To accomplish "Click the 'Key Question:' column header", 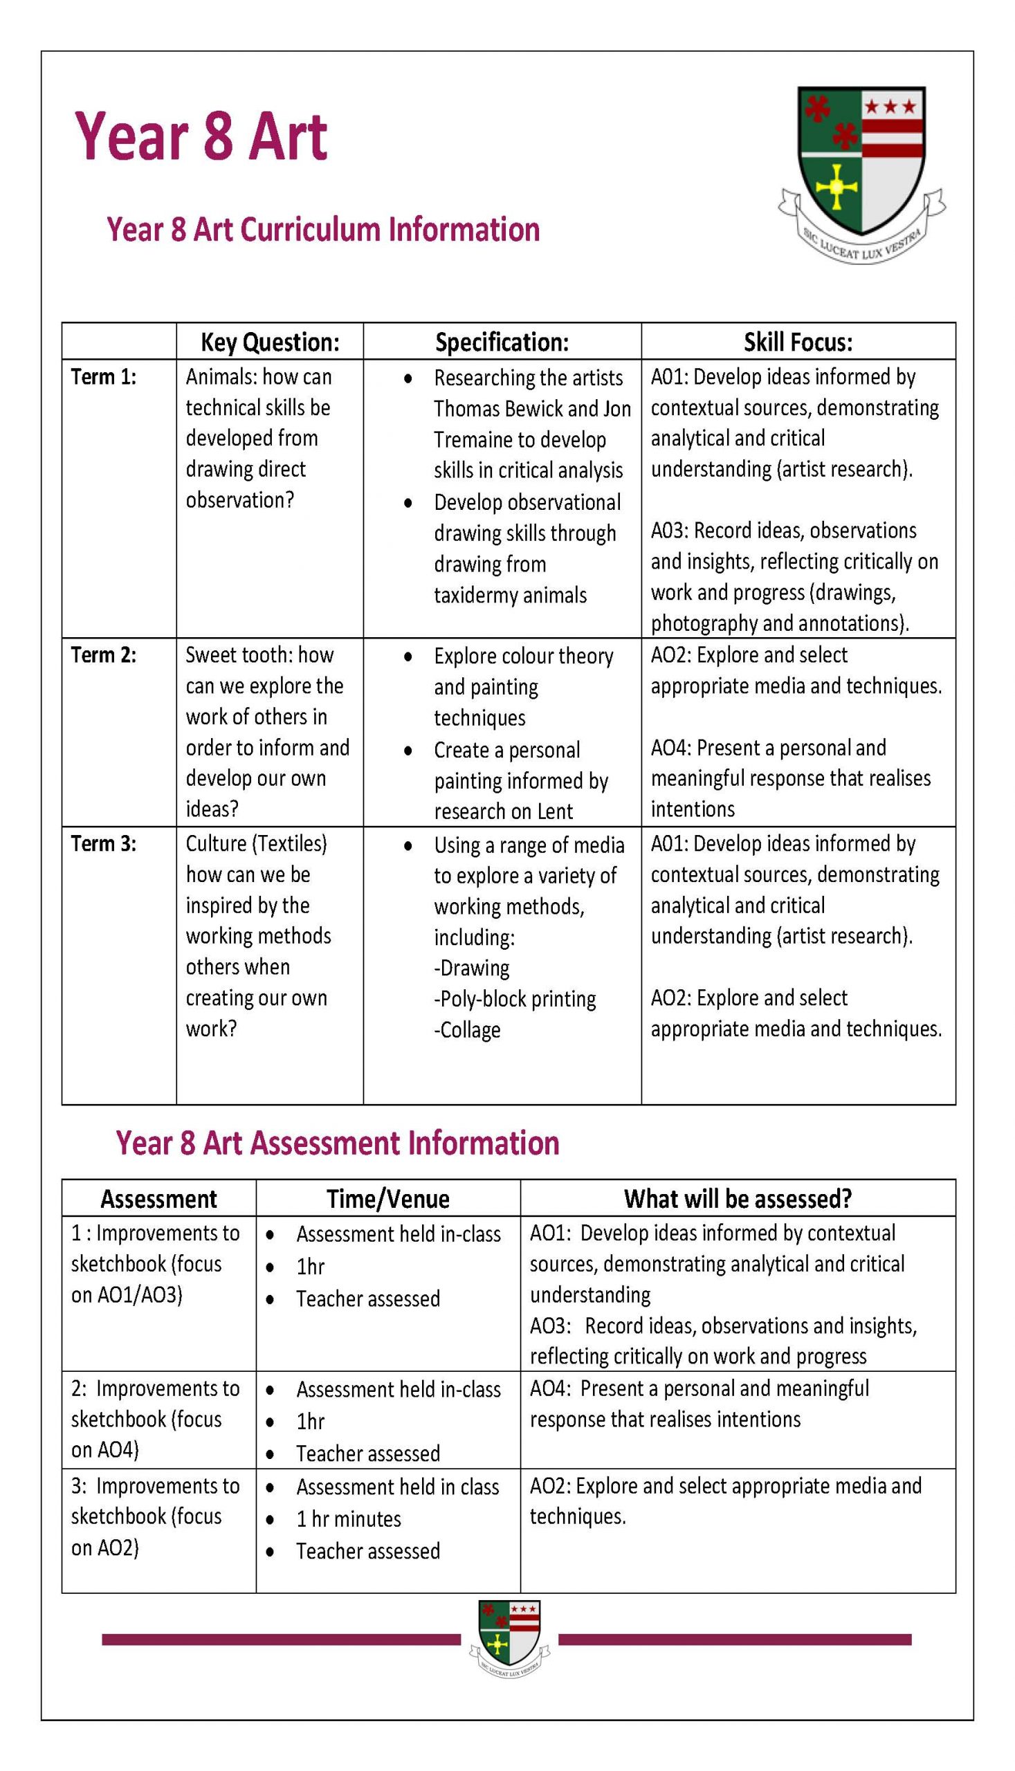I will click(270, 342).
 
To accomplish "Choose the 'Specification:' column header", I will click(502, 342).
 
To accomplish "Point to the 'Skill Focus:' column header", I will click(798, 342).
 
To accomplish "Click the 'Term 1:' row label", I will click(104, 377).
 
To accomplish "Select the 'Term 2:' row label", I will click(104, 655).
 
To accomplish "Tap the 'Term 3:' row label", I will click(104, 843).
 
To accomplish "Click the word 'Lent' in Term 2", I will click(555, 811).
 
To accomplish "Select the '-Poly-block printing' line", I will click(515, 999).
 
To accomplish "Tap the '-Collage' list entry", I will click(467, 1029).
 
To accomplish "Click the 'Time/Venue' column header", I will click(388, 1199).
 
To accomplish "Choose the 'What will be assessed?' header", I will click(738, 1199).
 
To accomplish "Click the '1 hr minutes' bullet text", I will click(349, 1518).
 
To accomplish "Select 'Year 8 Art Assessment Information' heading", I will click(338, 1144).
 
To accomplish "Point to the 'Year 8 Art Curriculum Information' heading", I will click(322, 229).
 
